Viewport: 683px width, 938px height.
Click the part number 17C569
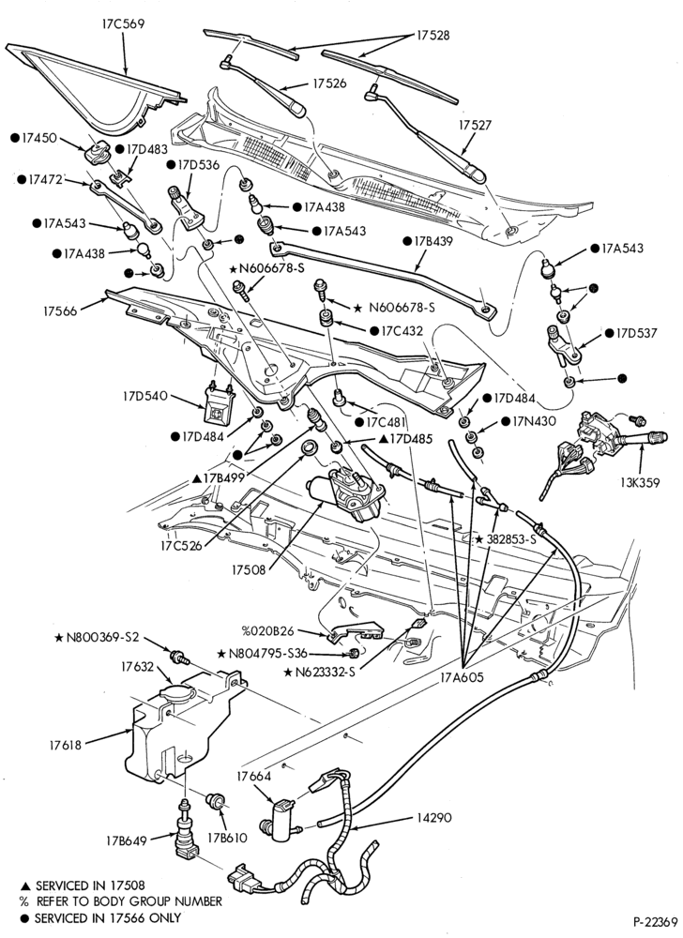click(x=123, y=24)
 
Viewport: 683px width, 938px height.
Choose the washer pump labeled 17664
click(x=281, y=815)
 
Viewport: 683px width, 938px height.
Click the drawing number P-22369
click(x=655, y=921)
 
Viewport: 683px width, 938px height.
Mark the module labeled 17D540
click(x=219, y=404)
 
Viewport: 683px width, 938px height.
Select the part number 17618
click(x=67, y=745)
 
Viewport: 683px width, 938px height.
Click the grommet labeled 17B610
click(x=215, y=800)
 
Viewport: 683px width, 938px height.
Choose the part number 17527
click(x=476, y=125)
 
